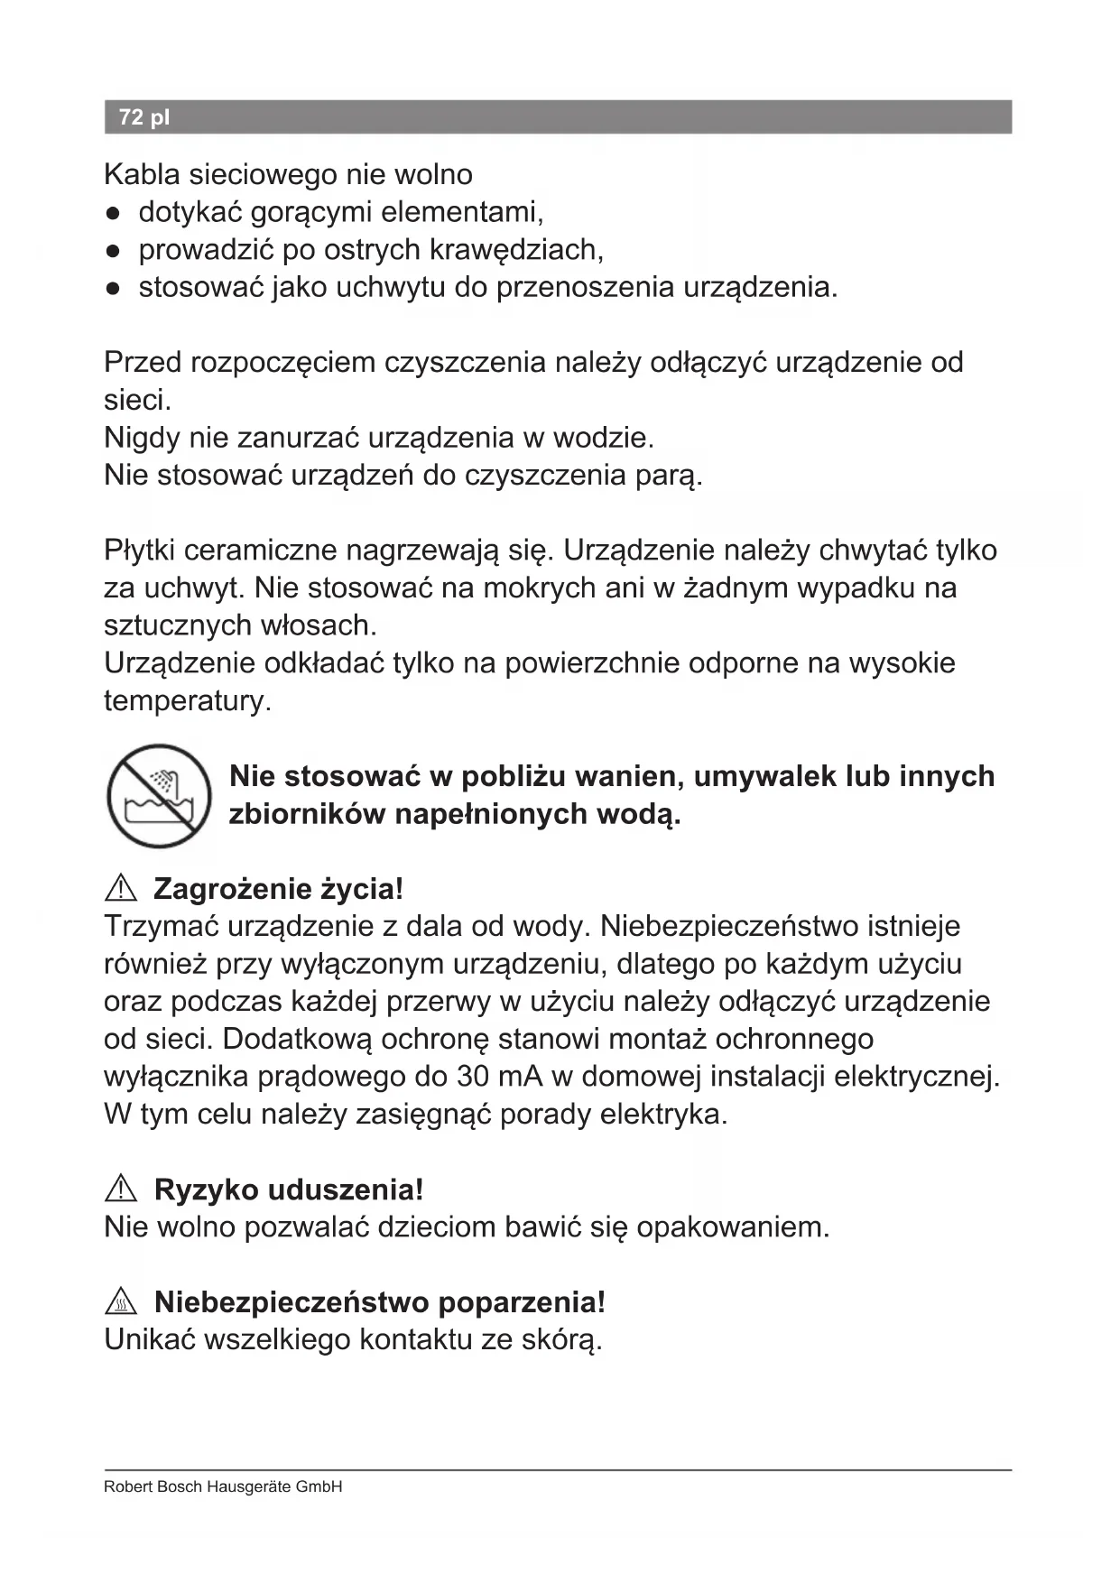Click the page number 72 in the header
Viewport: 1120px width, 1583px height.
pyautogui.click(x=131, y=117)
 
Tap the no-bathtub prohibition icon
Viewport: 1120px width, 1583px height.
pyautogui.click(x=159, y=795)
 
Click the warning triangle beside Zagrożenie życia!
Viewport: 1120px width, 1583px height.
pyautogui.click(x=121, y=889)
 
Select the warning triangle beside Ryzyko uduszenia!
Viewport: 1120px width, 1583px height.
pyautogui.click(x=121, y=1190)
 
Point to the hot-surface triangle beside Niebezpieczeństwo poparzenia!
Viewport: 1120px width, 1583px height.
pyautogui.click(x=121, y=1302)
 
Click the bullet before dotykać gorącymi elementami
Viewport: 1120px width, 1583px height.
pyautogui.click(x=113, y=214)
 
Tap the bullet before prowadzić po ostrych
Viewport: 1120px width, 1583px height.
pyautogui.click(x=113, y=251)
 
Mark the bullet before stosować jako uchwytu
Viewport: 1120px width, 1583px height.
pyautogui.click(x=113, y=289)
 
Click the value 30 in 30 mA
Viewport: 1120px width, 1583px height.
pyautogui.click(x=474, y=1077)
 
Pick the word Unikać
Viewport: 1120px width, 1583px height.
pyautogui.click(x=149, y=1339)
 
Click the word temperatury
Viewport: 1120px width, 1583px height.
pyautogui.click(x=187, y=700)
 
